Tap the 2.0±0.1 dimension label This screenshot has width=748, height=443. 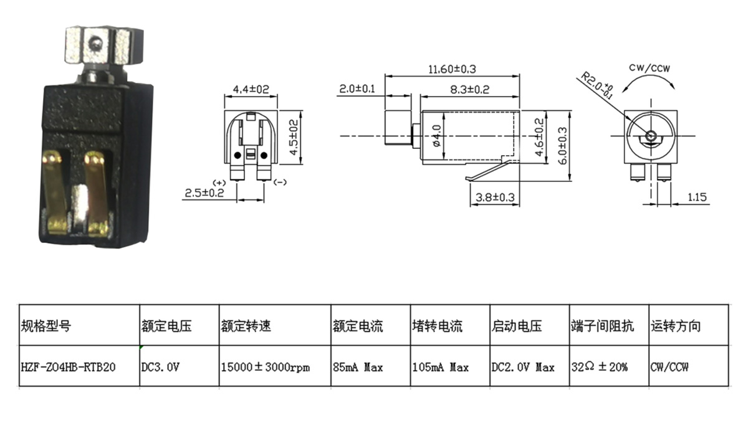tap(357, 89)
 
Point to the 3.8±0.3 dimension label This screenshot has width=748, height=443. tap(495, 198)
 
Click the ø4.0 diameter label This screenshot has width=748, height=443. tap(436, 135)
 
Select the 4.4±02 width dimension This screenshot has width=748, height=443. tap(251, 90)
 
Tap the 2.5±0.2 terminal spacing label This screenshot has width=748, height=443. tap(204, 194)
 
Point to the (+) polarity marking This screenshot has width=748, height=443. tap(219, 182)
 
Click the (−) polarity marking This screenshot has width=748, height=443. tap(280, 182)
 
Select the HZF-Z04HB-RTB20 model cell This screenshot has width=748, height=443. tap(69, 367)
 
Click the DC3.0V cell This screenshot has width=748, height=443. tap(161, 367)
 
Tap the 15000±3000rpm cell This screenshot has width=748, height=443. tap(265, 367)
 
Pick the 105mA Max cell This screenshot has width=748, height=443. tap(440, 367)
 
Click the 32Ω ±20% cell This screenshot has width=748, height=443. tap(600, 367)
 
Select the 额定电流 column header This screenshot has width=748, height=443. tap(358, 326)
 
